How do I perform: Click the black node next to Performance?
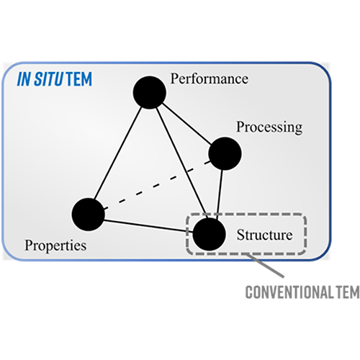150,92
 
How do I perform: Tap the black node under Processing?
225,153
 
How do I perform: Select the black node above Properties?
89,215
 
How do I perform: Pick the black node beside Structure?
210,234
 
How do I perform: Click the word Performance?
210,78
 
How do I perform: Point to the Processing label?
269,127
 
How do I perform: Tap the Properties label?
55,246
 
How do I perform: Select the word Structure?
265,235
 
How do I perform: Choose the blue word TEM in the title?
79,79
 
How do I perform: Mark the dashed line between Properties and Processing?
157,185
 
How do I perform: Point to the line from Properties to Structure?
148,226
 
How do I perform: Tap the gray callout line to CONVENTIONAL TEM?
264,266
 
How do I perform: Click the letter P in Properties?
29,245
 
